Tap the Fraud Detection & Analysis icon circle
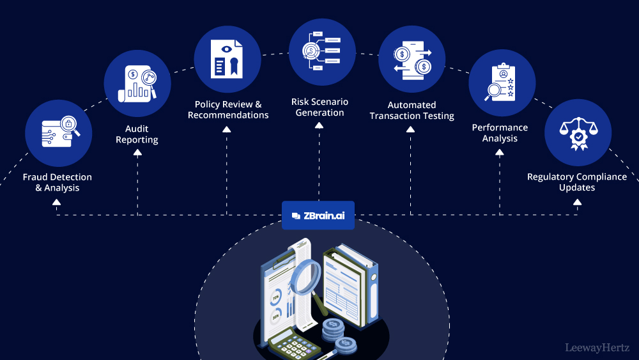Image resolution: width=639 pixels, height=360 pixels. tap(58, 133)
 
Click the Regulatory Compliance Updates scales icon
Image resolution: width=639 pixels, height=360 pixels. tap(578, 133)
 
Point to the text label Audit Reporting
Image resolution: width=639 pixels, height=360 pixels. tap(137, 134)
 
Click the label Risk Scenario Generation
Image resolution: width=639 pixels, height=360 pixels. tap(320, 107)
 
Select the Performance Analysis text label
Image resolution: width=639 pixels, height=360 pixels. tap(500, 133)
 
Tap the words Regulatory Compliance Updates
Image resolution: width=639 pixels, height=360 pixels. tap(577, 182)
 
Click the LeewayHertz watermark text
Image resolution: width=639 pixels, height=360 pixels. tap(597, 348)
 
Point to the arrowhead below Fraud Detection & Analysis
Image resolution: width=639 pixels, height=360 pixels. tap(57, 202)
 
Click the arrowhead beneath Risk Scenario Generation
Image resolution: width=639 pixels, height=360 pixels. tap(319, 126)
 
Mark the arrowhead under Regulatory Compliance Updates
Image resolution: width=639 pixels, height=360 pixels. tap(578, 202)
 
